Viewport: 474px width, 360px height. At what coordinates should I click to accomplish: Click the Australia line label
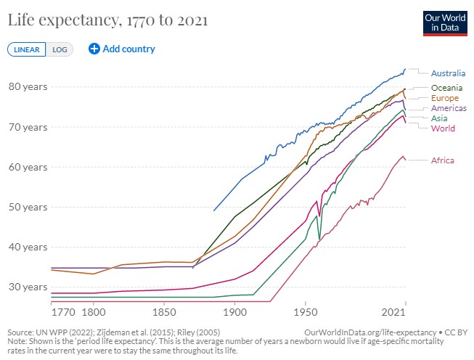[x=448, y=73]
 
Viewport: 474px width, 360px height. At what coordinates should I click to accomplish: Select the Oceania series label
[x=446, y=88]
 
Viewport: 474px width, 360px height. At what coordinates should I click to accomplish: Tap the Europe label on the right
[x=444, y=98]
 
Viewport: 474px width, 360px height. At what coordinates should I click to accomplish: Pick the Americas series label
[x=449, y=108]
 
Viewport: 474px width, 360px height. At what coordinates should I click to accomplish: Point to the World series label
[x=443, y=128]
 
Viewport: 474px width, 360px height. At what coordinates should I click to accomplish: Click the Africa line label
[x=442, y=160]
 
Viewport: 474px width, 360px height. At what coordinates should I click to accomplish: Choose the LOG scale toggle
[x=60, y=49]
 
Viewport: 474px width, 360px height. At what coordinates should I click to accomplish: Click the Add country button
[x=122, y=49]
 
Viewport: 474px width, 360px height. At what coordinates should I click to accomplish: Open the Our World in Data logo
[x=444, y=22]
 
